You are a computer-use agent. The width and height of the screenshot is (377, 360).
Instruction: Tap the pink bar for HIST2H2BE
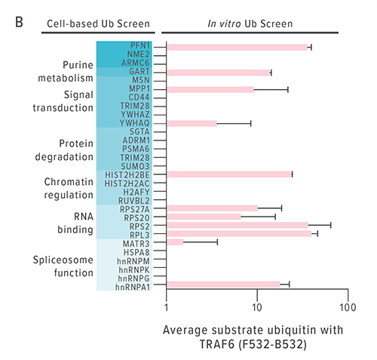[228, 174]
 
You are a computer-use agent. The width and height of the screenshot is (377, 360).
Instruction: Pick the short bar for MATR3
[175, 242]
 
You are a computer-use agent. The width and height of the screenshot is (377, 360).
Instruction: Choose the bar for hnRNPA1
[223, 285]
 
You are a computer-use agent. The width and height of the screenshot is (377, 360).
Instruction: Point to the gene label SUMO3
[136, 165]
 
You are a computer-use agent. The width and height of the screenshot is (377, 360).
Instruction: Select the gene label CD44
[138, 97]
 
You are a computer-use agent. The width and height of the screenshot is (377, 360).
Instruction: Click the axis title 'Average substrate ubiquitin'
[253, 331]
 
